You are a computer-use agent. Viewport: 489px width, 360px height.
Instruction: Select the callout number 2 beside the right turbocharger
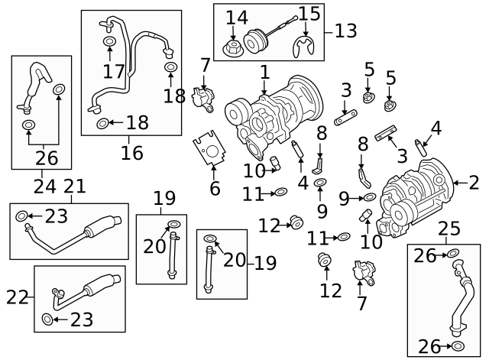(x=474, y=182)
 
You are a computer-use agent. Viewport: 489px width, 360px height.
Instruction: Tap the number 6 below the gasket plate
(x=215, y=188)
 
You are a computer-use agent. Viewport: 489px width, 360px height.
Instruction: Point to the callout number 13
(x=345, y=31)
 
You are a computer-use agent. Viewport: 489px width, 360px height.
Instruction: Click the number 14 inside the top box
(x=237, y=17)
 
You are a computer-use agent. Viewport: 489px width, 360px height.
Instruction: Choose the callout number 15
(x=309, y=13)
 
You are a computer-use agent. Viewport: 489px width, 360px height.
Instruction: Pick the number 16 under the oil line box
(x=131, y=152)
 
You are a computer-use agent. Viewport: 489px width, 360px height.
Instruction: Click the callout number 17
(x=114, y=72)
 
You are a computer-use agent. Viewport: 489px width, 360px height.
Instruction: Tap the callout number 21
(x=74, y=186)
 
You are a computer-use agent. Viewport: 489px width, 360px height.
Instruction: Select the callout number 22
(x=18, y=297)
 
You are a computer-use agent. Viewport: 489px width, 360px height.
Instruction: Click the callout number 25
(x=449, y=228)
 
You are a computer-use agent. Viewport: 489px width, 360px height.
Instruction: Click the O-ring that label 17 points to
(x=108, y=41)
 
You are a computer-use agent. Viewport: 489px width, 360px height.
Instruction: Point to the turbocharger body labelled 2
(x=416, y=191)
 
